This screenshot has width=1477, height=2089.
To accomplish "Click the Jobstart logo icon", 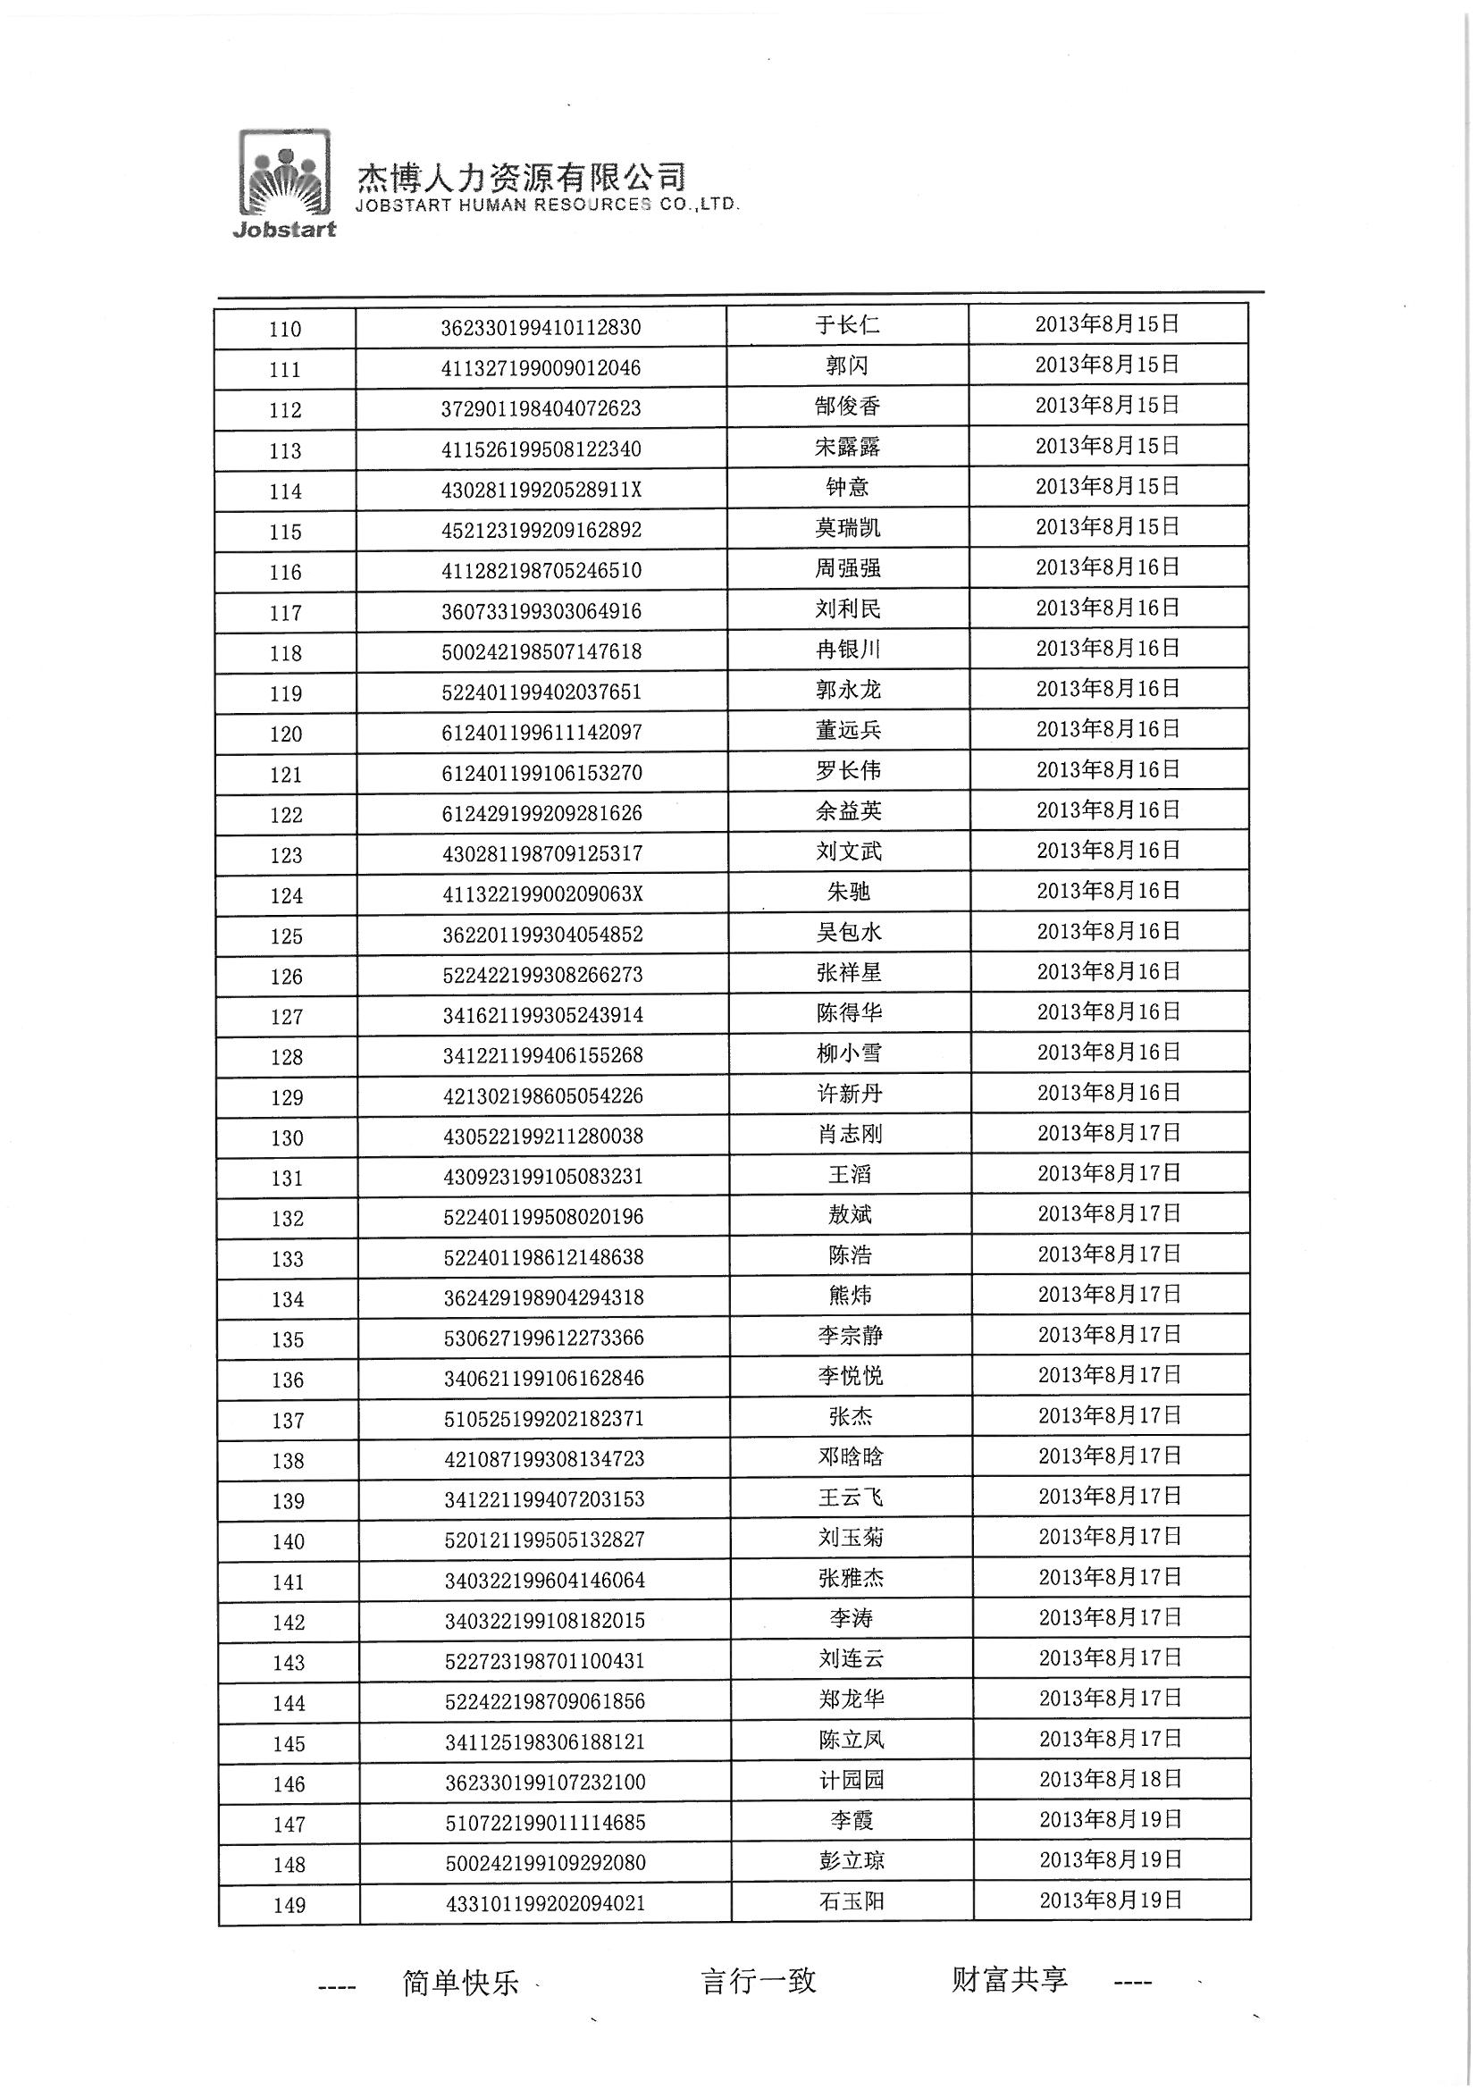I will pyautogui.click(x=284, y=183).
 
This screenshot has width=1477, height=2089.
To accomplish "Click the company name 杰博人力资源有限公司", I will pyautogui.click(x=521, y=176).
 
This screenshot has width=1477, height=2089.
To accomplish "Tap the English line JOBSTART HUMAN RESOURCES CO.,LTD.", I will pyautogui.click(x=547, y=206).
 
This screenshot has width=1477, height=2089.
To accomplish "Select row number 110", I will pyautogui.click(x=285, y=330).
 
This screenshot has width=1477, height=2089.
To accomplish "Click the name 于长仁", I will pyautogui.click(x=846, y=325).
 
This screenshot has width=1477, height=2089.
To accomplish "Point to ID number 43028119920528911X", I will pyautogui.click(x=541, y=491).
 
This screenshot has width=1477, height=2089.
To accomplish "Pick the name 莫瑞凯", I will pyautogui.click(x=847, y=529).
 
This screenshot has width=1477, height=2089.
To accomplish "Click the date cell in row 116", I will pyautogui.click(x=1107, y=567).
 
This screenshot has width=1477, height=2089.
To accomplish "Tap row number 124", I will pyautogui.click(x=287, y=896).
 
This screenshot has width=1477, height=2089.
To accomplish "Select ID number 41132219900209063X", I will pyautogui.click(x=542, y=894).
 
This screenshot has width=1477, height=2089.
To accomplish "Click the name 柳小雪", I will pyautogui.click(x=849, y=1053).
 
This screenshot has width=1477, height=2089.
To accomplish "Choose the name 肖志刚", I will pyautogui.click(x=849, y=1135).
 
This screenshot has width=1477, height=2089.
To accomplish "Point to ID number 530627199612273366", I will pyautogui.click(x=543, y=1338).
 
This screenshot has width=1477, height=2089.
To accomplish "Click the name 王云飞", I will pyautogui.click(x=850, y=1498).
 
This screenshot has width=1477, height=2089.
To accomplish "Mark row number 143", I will pyautogui.click(x=289, y=1663).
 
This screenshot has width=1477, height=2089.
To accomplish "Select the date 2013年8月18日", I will pyautogui.click(x=1111, y=1780).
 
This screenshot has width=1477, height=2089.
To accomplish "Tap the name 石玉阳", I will pyautogui.click(x=852, y=1901).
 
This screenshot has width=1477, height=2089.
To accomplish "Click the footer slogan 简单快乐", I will pyautogui.click(x=460, y=1984).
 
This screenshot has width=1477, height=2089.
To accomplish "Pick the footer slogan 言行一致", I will pyautogui.click(x=758, y=1982).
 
